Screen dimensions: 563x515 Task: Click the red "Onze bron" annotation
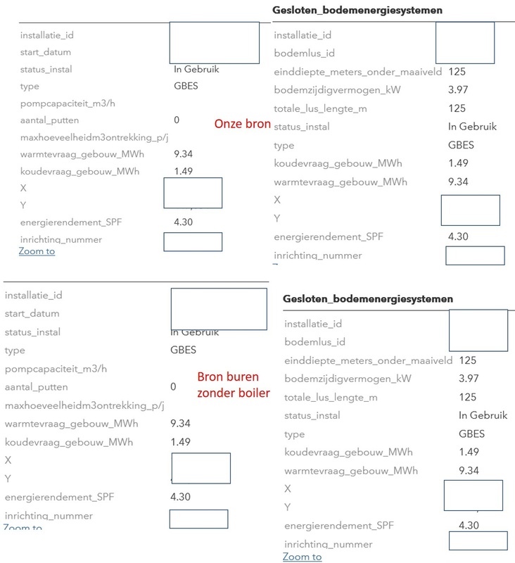(242, 124)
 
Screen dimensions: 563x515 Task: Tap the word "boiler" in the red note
(253, 393)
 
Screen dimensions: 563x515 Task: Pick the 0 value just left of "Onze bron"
(177, 120)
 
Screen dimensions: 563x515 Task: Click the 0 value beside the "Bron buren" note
(174, 387)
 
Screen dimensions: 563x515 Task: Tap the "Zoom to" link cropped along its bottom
(23, 527)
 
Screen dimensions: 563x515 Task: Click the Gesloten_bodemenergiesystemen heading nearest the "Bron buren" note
(368, 299)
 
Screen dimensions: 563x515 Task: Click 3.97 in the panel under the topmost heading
(457, 91)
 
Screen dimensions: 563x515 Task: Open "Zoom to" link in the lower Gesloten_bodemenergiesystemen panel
(302, 557)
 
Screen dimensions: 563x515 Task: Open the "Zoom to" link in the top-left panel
(37, 251)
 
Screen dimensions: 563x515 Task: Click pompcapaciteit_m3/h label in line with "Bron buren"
(51, 369)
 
